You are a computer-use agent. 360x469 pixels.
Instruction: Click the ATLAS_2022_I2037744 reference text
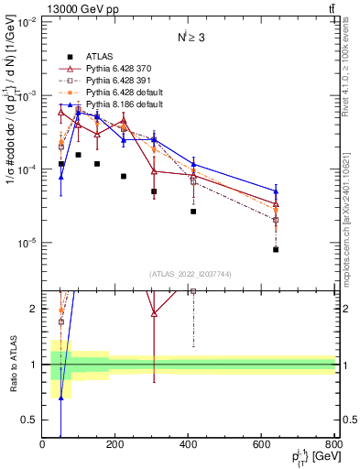(x=189, y=274)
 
